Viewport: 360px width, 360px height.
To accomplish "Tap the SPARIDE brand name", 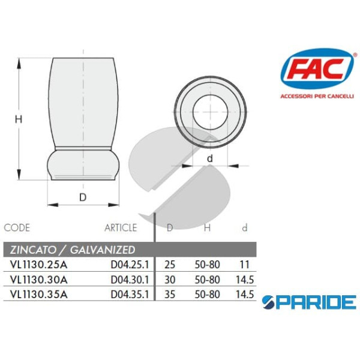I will tap(310, 301).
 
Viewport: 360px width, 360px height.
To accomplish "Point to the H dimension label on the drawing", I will tap(18, 119).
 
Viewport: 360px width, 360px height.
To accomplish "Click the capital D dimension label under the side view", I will tap(83, 196).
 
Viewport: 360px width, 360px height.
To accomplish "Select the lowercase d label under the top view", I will tap(210, 158).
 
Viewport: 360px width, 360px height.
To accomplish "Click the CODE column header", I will tap(17, 227).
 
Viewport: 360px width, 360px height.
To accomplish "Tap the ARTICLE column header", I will tap(121, 227).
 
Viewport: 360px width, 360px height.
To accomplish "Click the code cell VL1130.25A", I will tap(36, 264).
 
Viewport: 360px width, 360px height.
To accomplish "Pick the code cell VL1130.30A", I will tap(36, 280).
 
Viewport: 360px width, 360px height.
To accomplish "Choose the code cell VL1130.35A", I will tap(36, 295).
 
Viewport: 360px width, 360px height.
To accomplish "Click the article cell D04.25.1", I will tap(130, 264).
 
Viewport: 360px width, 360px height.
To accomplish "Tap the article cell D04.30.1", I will tap(130, 280).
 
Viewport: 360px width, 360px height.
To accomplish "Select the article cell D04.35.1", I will tap(130, 295).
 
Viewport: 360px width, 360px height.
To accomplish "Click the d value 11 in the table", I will tap(244, 264).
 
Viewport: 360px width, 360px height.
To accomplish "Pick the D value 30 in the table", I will tap(170, 280).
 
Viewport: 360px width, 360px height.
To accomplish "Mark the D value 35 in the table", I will tap(170, 295).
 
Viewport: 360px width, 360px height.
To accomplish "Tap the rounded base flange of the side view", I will tap(83, 164).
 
